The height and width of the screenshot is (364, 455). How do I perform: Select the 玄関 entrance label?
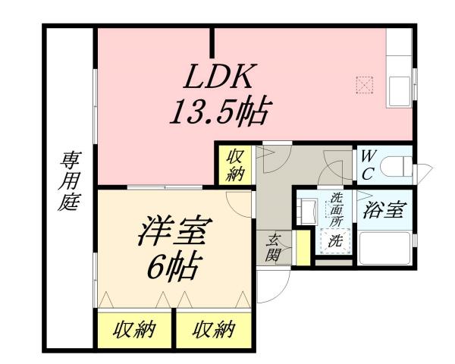[x=273, y=246]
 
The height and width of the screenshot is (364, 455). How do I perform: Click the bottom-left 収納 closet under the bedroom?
[x=135, y=330]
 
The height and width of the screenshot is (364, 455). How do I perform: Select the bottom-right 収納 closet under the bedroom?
[x=213, y=330]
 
